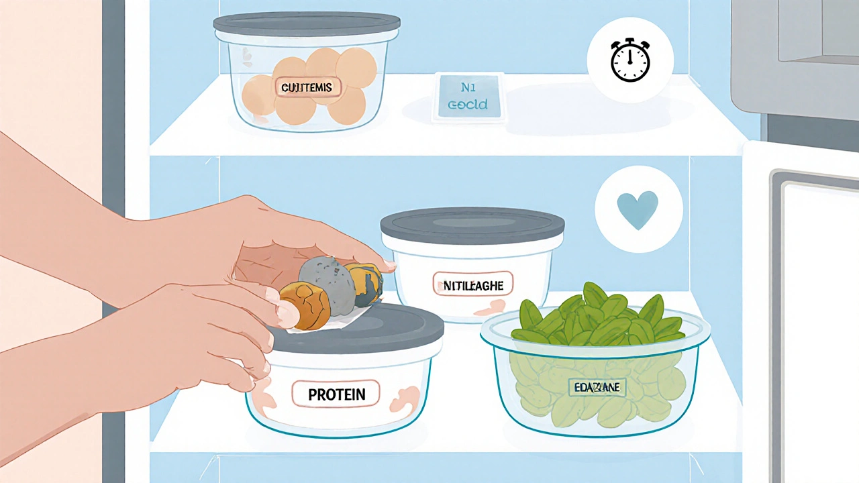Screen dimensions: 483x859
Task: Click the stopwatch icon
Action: [630, 61]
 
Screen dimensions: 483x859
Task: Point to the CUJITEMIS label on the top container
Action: [307, 88]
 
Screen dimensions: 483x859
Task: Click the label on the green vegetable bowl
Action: [596, 387]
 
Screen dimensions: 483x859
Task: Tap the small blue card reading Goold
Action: [469, 98]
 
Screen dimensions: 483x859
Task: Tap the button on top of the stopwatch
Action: [630, 42]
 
